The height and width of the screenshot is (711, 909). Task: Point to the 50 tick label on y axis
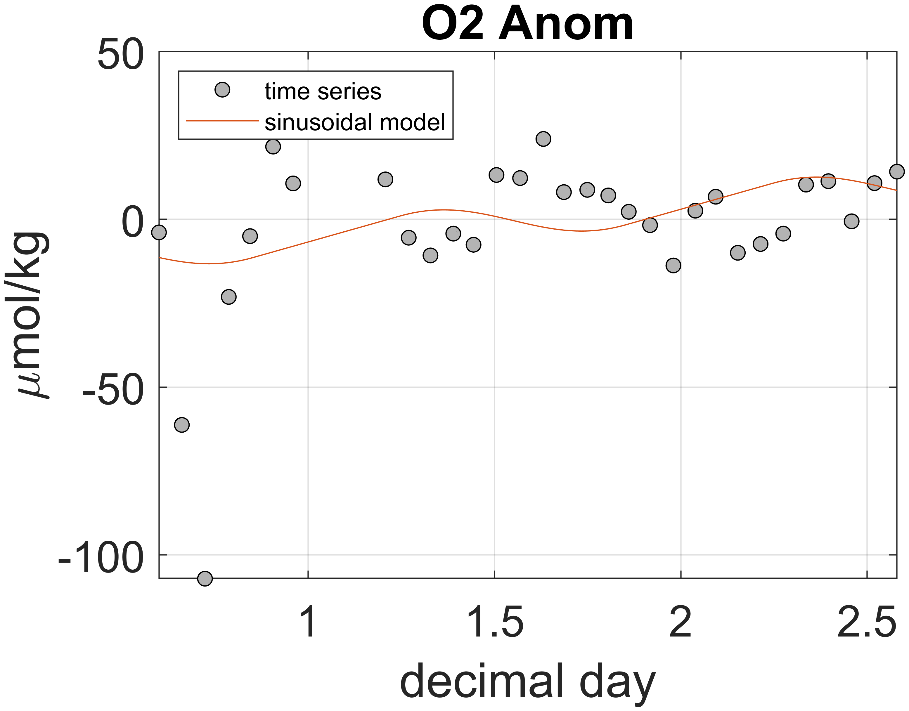tap(120, 55)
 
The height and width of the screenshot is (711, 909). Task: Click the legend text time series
tap(323, 91)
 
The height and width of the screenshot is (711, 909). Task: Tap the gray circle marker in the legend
tap(222, 89)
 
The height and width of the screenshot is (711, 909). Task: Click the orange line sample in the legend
tap(222, 121)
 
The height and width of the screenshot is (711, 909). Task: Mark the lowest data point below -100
tap(205, 578)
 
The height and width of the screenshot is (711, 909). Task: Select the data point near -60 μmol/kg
tap(181, 425)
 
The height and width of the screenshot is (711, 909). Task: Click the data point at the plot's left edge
tap(159, 232)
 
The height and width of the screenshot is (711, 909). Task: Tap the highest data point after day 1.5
tap(543, 139)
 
